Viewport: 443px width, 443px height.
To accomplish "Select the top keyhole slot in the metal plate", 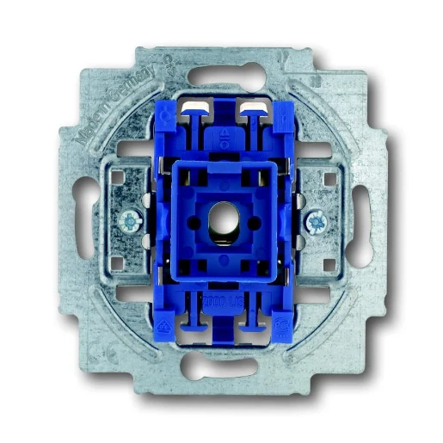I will pos(222,75).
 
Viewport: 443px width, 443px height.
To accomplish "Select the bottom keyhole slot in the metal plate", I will pos(222,366).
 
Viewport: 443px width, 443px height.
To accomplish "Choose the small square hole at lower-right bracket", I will pos(331,260).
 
